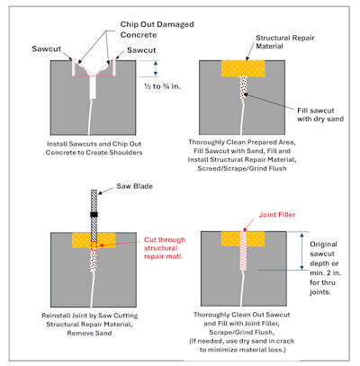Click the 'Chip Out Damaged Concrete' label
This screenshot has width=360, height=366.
(x=157, y=30)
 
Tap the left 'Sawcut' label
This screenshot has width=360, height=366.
(x=47, y=49)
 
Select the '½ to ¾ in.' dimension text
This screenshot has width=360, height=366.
(x=163, y=86)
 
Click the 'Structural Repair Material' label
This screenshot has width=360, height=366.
(x=285, y=42)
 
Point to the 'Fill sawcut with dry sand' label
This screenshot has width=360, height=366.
(x=320, y=115)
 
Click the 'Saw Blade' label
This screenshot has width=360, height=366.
(x=135, y=186)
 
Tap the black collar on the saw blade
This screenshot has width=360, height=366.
(x=94, y=215)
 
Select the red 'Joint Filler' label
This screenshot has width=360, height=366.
(x=277, y=215)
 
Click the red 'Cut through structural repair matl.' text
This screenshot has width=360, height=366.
(x=165, y=248)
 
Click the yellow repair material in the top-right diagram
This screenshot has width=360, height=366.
(x=243, y=68)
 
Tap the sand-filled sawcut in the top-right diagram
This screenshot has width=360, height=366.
(x=243, y=87)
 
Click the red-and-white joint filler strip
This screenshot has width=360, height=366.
(x=243, y=251)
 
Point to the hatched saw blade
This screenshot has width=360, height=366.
(x=94, y=216)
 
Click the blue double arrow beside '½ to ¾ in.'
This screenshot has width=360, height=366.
(x=156, y=68)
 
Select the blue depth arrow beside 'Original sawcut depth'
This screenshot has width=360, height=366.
(x=302, y=251)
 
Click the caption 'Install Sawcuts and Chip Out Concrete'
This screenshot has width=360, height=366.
(x=94, y=148)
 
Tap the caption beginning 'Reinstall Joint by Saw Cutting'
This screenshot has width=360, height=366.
(x=90, y=325)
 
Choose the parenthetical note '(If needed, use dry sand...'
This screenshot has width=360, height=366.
(x=242, y=345)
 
